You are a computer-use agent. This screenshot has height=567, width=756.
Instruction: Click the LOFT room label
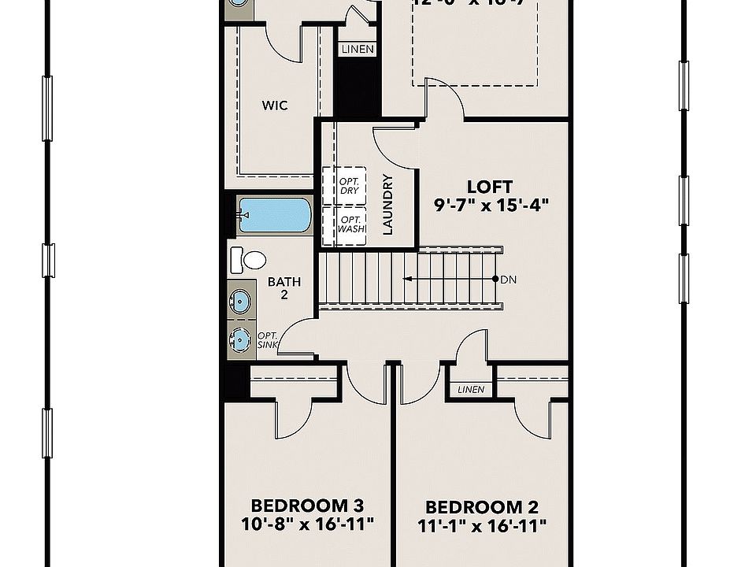(x=490, y=187)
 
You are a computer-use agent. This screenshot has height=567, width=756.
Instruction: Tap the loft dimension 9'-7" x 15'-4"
(x=490, y=205)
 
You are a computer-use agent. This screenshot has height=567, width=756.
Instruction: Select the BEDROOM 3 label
(x=306, y=505)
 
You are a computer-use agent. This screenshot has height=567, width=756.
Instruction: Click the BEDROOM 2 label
(x=482, y=507)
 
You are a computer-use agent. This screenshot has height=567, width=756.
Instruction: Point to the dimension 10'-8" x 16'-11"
(x=306, y=523)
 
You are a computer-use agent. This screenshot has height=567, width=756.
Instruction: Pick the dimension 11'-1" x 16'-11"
(x=482, y=525)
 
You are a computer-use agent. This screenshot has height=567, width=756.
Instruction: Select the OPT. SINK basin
(x=240, y=339)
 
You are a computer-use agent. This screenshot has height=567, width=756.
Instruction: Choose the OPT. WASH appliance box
(x=350, y=224)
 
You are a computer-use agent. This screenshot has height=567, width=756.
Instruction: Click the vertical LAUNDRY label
(x=387, y=205)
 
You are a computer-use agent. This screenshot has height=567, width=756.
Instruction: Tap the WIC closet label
(x=274, y=105)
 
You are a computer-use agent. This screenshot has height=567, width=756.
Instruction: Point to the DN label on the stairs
(x=508, y=280)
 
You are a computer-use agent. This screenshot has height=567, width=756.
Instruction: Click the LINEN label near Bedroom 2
(x=470, y=390)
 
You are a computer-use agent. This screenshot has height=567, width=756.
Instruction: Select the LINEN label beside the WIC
(x=357, y=50)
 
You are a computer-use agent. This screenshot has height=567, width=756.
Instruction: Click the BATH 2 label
(x=283, y=287)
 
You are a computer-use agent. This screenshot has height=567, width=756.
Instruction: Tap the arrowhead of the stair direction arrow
(x=406, y=279)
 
